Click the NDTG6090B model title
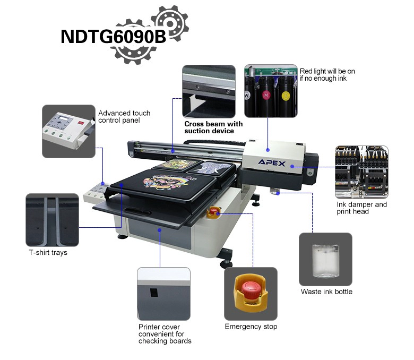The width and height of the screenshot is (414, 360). tap(113, 36)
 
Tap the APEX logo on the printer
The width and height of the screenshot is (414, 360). tap(272, 162)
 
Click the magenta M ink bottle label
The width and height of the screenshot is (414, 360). tap(266, 95)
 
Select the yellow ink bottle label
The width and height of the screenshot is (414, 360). tap(286, 96)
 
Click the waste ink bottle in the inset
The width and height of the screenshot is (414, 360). tap(325, 261)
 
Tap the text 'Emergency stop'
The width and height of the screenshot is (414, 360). tap(251, 327)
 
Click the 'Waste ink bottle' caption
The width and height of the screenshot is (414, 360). tap(326, 292)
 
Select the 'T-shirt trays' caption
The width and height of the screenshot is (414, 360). tap(48, 253)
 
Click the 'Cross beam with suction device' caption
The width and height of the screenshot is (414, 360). tap(213, 127)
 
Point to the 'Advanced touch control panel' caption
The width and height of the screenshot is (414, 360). tap(124, 117)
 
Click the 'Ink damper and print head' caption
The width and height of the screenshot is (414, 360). tap(362, 208)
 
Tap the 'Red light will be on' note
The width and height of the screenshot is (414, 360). tap(327, 71)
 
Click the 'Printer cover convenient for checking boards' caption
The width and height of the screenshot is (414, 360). tap(165, 334)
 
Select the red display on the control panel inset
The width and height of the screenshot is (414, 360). tap(81, 123)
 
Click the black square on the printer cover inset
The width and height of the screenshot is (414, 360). tap(154, 293)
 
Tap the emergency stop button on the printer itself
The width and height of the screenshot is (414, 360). tap(213, 211)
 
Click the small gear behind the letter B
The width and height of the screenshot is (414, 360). tap(170, 23)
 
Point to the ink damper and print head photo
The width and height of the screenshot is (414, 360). tap(361, 172)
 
